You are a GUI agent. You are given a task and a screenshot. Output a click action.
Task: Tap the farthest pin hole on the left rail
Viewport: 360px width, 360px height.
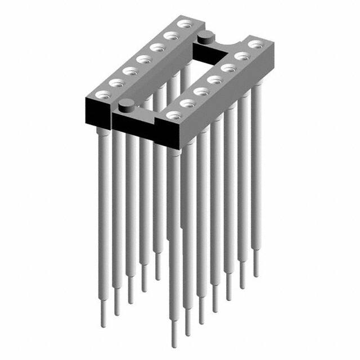tap(184, 24)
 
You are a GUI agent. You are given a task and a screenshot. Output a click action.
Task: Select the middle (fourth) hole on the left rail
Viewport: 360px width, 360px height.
tap(144, 58)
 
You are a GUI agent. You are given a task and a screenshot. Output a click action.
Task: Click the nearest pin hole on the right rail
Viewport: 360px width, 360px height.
tap(172, 115)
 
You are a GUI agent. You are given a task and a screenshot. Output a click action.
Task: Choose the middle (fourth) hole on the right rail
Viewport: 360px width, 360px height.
tap(214, 79)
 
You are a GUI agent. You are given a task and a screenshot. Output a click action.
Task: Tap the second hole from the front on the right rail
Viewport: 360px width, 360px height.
tap(186, 103)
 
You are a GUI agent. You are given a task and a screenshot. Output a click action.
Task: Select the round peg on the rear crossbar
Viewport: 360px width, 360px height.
tap(205, 38)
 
